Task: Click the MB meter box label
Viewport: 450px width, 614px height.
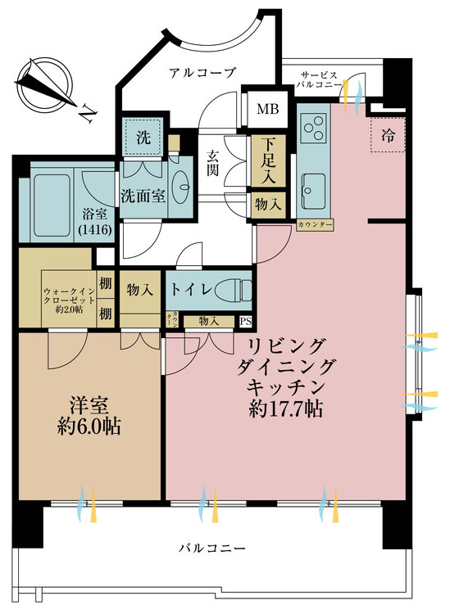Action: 268,109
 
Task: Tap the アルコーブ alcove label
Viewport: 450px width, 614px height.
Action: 202,72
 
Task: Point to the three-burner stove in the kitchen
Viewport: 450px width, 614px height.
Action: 314,128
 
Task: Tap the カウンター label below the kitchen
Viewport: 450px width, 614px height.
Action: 315,225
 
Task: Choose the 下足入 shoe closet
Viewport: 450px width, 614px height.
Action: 269,161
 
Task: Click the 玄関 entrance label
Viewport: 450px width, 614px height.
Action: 213,163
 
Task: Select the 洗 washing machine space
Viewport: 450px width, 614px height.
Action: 143,137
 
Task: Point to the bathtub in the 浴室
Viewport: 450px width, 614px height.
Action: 52,205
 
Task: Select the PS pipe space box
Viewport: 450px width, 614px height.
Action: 246,322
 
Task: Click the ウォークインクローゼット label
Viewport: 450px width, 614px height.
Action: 69,300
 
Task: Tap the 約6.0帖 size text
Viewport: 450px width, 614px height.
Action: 89,427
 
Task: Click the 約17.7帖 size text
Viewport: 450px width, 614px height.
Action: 286,409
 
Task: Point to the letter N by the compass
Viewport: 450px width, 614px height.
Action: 88,114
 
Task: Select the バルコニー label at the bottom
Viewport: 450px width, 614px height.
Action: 212,548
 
